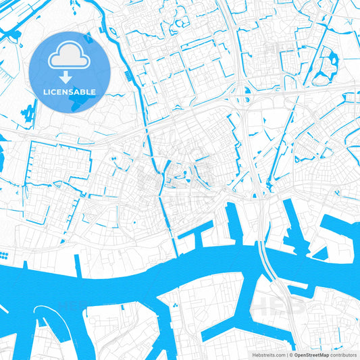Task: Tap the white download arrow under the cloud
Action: click(70, 76)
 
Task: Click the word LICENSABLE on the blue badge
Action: click(70, 91)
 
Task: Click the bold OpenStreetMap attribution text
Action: click(311, 354)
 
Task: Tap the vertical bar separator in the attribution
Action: click(287, 354)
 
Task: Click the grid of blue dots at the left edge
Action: click(4, 255)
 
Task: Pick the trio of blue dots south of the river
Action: click(175, 305)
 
